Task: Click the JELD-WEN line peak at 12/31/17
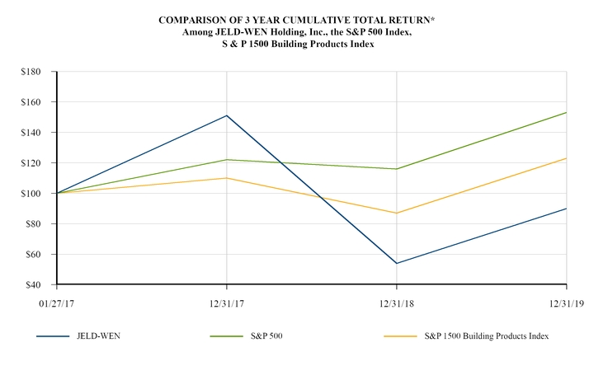point(227,115)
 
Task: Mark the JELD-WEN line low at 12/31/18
point(397,263)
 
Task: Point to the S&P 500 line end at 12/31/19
point(566,112)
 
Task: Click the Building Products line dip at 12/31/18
point(397,213)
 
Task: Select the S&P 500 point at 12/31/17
point(227,159)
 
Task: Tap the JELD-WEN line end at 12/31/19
point(566,208)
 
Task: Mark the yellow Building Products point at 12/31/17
point(227,178)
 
